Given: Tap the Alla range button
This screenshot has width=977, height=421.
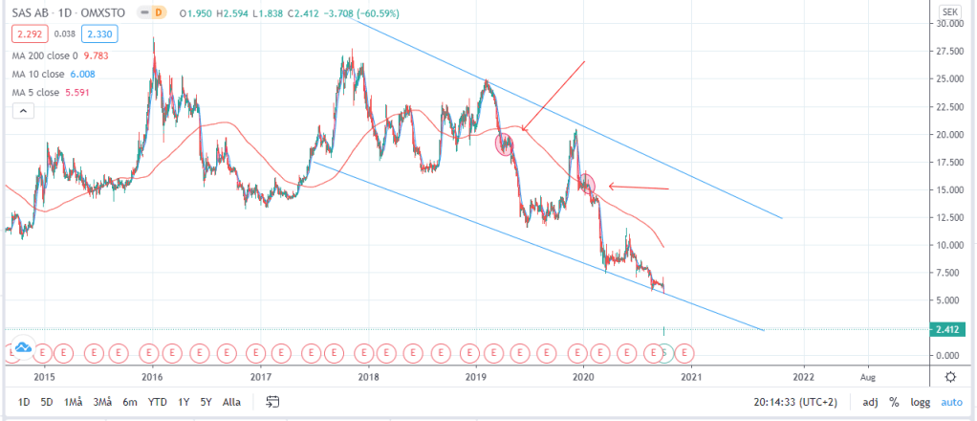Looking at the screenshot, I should [231, 402].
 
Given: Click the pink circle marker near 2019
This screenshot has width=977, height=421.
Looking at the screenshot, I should [505, 144].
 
